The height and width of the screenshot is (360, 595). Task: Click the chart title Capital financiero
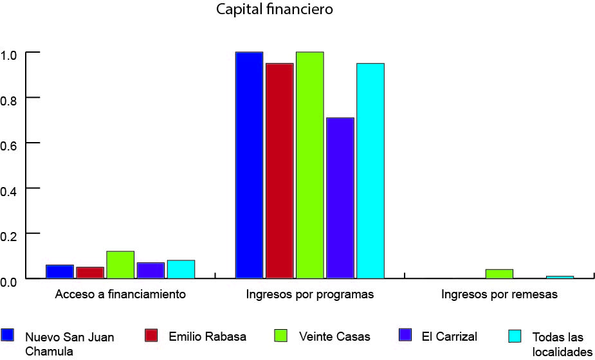275,10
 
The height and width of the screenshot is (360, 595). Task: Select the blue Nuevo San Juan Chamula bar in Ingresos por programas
249,165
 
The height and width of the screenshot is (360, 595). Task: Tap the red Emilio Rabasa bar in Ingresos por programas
279,171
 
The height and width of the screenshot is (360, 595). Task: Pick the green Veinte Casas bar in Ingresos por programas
309,165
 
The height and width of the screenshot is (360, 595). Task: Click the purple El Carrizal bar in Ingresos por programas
340,198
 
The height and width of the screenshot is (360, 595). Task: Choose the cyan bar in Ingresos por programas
370,171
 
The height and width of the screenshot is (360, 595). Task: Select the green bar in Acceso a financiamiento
120,265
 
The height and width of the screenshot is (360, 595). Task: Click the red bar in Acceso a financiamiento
90,273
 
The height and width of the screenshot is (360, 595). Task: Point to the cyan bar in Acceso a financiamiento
181,269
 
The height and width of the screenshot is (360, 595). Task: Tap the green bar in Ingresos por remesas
499,274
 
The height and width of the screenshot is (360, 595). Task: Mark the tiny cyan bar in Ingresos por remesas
560,277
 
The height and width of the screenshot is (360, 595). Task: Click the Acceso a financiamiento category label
120,295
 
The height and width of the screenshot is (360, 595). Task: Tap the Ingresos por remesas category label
499,295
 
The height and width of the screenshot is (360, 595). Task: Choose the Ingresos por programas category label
309,295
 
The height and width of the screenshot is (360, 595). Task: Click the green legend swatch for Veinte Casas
280,335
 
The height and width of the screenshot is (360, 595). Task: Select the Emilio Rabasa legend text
207,336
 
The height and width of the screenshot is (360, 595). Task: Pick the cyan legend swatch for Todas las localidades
515,336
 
